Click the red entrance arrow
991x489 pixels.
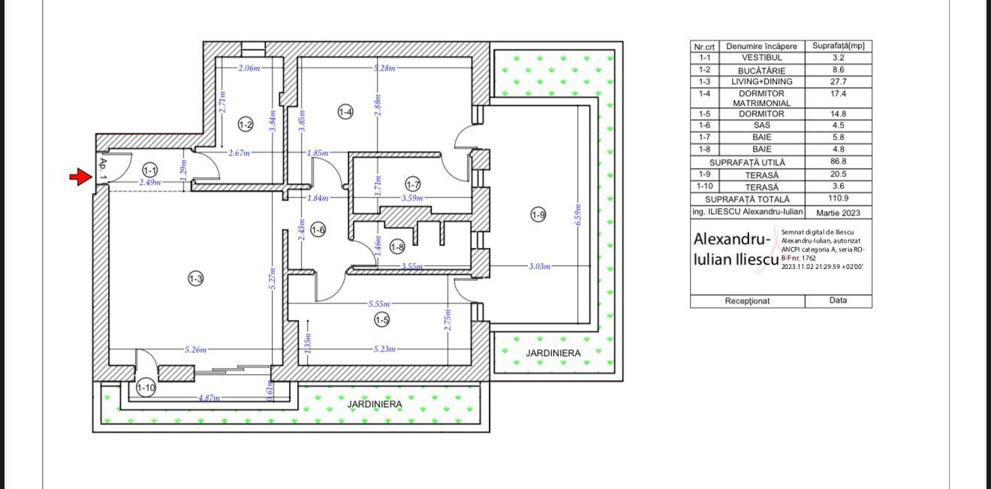[x=80, y=177]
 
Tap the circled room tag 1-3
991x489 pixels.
[x=195, y=279]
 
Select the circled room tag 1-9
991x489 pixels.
[x=538, y=215]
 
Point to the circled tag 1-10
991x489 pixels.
[x=146, y=388]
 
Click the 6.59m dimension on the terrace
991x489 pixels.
[x=578, y=215]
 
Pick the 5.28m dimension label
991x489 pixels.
[x=384, y=68]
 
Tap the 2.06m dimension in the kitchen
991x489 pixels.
[x=249, y=68]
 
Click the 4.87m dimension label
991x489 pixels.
[x=209, y=398]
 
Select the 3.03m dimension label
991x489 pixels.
[x=540, y=267]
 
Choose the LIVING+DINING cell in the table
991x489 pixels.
[x=762, y=82]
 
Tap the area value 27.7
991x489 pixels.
[x=839, y=82]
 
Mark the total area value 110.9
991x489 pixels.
[x=839, y=198]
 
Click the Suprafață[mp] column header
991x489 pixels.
[x=839, y=46]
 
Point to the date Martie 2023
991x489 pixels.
[x=839, y=213]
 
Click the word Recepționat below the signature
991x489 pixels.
[x=747, y=301]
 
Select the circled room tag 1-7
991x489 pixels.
[x=413, y=185]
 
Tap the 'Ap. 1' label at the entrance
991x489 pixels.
[x=103, y=169]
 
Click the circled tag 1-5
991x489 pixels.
[x=382, y=319]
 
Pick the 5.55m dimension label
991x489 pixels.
[x=379, y=304]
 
